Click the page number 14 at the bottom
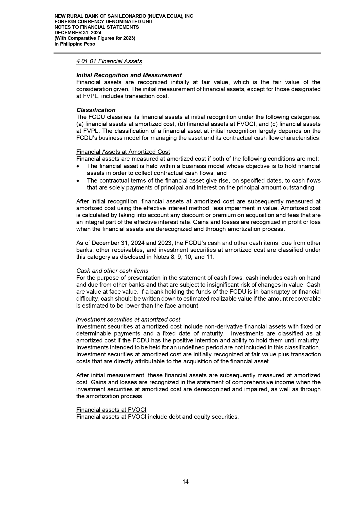pyautogui.click(x=185, y=482)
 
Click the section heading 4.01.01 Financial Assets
pyautogui.click(x=109, y=61)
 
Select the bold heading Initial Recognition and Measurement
pyautogui.click(x=129, y=75)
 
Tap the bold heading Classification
pyautogui.click(x=96, y=110)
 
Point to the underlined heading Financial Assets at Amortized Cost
pyautogui.click(x=123, y=152)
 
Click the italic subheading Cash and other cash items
pyautogui.click(x=112, y=271)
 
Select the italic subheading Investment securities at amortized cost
pyautogui.click(x=128, y=320)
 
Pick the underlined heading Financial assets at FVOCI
pyautogui.click(x=111, y=410)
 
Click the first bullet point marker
pyautogui.click(x=78, y=166)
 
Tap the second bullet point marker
pyautogui.click(x=78, y=181)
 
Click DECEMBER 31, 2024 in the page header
pyautogui.click(x=78, y=33)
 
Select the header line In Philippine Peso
pyautogui.click(x=75, y=44)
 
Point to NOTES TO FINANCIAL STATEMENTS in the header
pyautogui.click(x=97, y=27)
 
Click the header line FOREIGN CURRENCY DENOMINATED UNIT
pyautogui.click(x=104, y=22)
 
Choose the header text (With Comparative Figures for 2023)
pyautogui.click(x=95, y=38)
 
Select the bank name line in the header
pyautogui.click(x=124, y=16)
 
